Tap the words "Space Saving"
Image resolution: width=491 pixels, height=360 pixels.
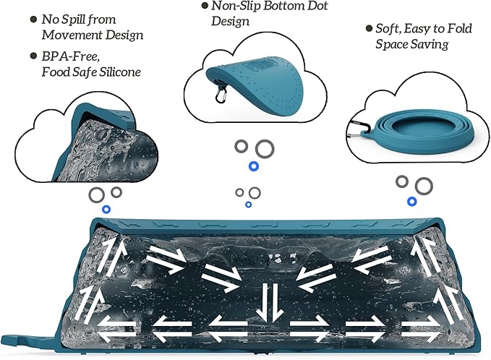click(x=411, y=44)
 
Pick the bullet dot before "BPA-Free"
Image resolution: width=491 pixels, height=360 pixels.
click(x=34, y=56)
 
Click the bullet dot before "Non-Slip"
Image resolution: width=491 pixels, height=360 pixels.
click(x=205, y=7)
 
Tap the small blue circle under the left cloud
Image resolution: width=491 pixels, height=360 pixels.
click(x=106, y=210)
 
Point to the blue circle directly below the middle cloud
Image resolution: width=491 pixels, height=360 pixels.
click(x=252, y=167)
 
